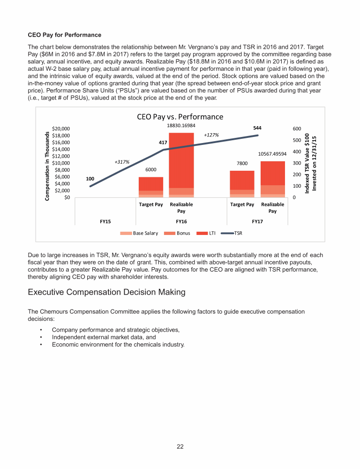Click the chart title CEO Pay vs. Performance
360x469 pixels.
(180, 117)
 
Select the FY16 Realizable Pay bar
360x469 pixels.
(181, 164)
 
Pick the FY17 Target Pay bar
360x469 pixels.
(242, 183)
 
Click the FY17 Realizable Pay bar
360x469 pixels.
(273, 179)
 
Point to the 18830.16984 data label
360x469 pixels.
(181, 126)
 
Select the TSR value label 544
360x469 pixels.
(257, 128)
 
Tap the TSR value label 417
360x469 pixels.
(163, 142)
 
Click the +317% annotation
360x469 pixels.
(122, 162)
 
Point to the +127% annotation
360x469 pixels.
(211, 135)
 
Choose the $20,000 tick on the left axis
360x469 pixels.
(61, 129)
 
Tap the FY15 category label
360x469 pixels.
(105, 220)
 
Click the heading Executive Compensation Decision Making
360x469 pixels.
(106, 292)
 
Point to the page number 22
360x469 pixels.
(180, 446)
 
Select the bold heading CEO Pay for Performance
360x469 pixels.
(65, 35)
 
